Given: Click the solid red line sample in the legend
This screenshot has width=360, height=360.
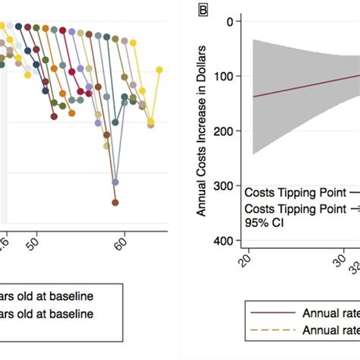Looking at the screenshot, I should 271,312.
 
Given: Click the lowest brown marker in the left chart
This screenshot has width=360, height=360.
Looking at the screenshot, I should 115,203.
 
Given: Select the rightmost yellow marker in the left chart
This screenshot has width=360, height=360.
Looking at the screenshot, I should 159,70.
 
